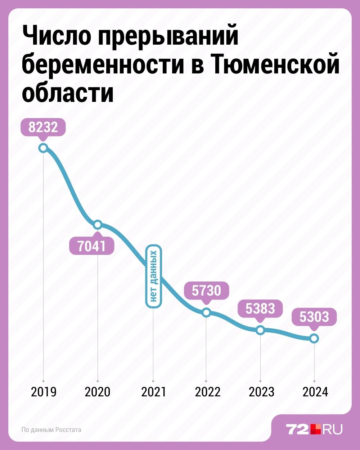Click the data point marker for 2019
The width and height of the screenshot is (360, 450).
pyautogui.click(x=43, y=148)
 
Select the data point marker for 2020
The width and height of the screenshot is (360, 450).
pyautogui.click(x=98, y=225)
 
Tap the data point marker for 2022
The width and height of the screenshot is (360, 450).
pyautogui.click(x=206, y=312)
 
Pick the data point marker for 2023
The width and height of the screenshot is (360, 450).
pyautogui.click(x=260, y=330)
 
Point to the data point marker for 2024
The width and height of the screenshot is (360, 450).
pyautogui.click(x=314, y=338)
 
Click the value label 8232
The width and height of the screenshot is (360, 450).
pyautogui.click(x=43, y=127)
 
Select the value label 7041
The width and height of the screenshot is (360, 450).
pyautogui.click(x=92, y=246)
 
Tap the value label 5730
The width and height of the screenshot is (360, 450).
pyautogui.click(x=206, y=291)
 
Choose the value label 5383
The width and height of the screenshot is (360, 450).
pyautogui.click(x=260, y=309)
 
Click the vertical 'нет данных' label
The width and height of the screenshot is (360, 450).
pyautogui.click(x=154, y=276)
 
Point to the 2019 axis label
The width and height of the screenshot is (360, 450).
pyautogui.click(x=44, y=392)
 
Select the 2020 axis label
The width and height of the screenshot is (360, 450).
pyautogui.click(x=98, y=392)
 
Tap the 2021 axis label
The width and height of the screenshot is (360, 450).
pyautogui.click(x=154, y=392)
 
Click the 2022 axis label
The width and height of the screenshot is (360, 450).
pyautogui.click(x=208, y=392)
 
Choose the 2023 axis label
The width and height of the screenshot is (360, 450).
pyautogui.click(x=261, y=392)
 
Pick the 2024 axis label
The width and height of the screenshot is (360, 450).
pyautogui.click(x=315, y=392)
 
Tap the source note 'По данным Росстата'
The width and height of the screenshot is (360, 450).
pyautogui.click(x=51, y=430)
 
